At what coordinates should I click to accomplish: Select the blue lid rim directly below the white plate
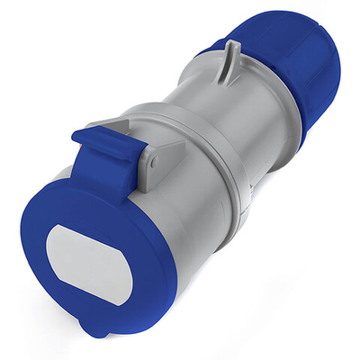pos(94,315)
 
